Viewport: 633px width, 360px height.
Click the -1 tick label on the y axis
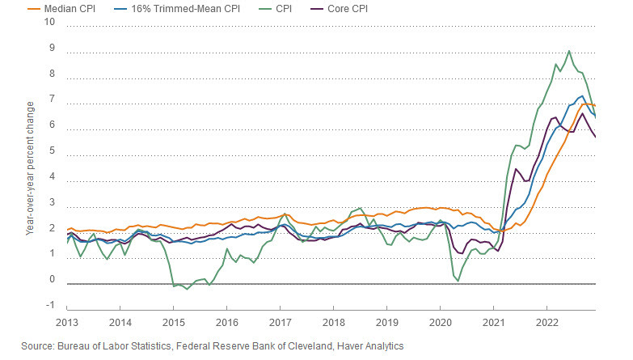click(x=49, y=306)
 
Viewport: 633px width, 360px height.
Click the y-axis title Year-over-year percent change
click(x=30, y=168)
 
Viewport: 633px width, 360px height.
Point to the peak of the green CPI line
click(x=569, y=51)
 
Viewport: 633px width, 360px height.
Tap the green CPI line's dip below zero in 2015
click(x=188, y=289)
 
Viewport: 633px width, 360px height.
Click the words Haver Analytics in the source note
click(x=369, y=345)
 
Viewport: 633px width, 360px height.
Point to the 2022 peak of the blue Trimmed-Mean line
click(x=583, y=96)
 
